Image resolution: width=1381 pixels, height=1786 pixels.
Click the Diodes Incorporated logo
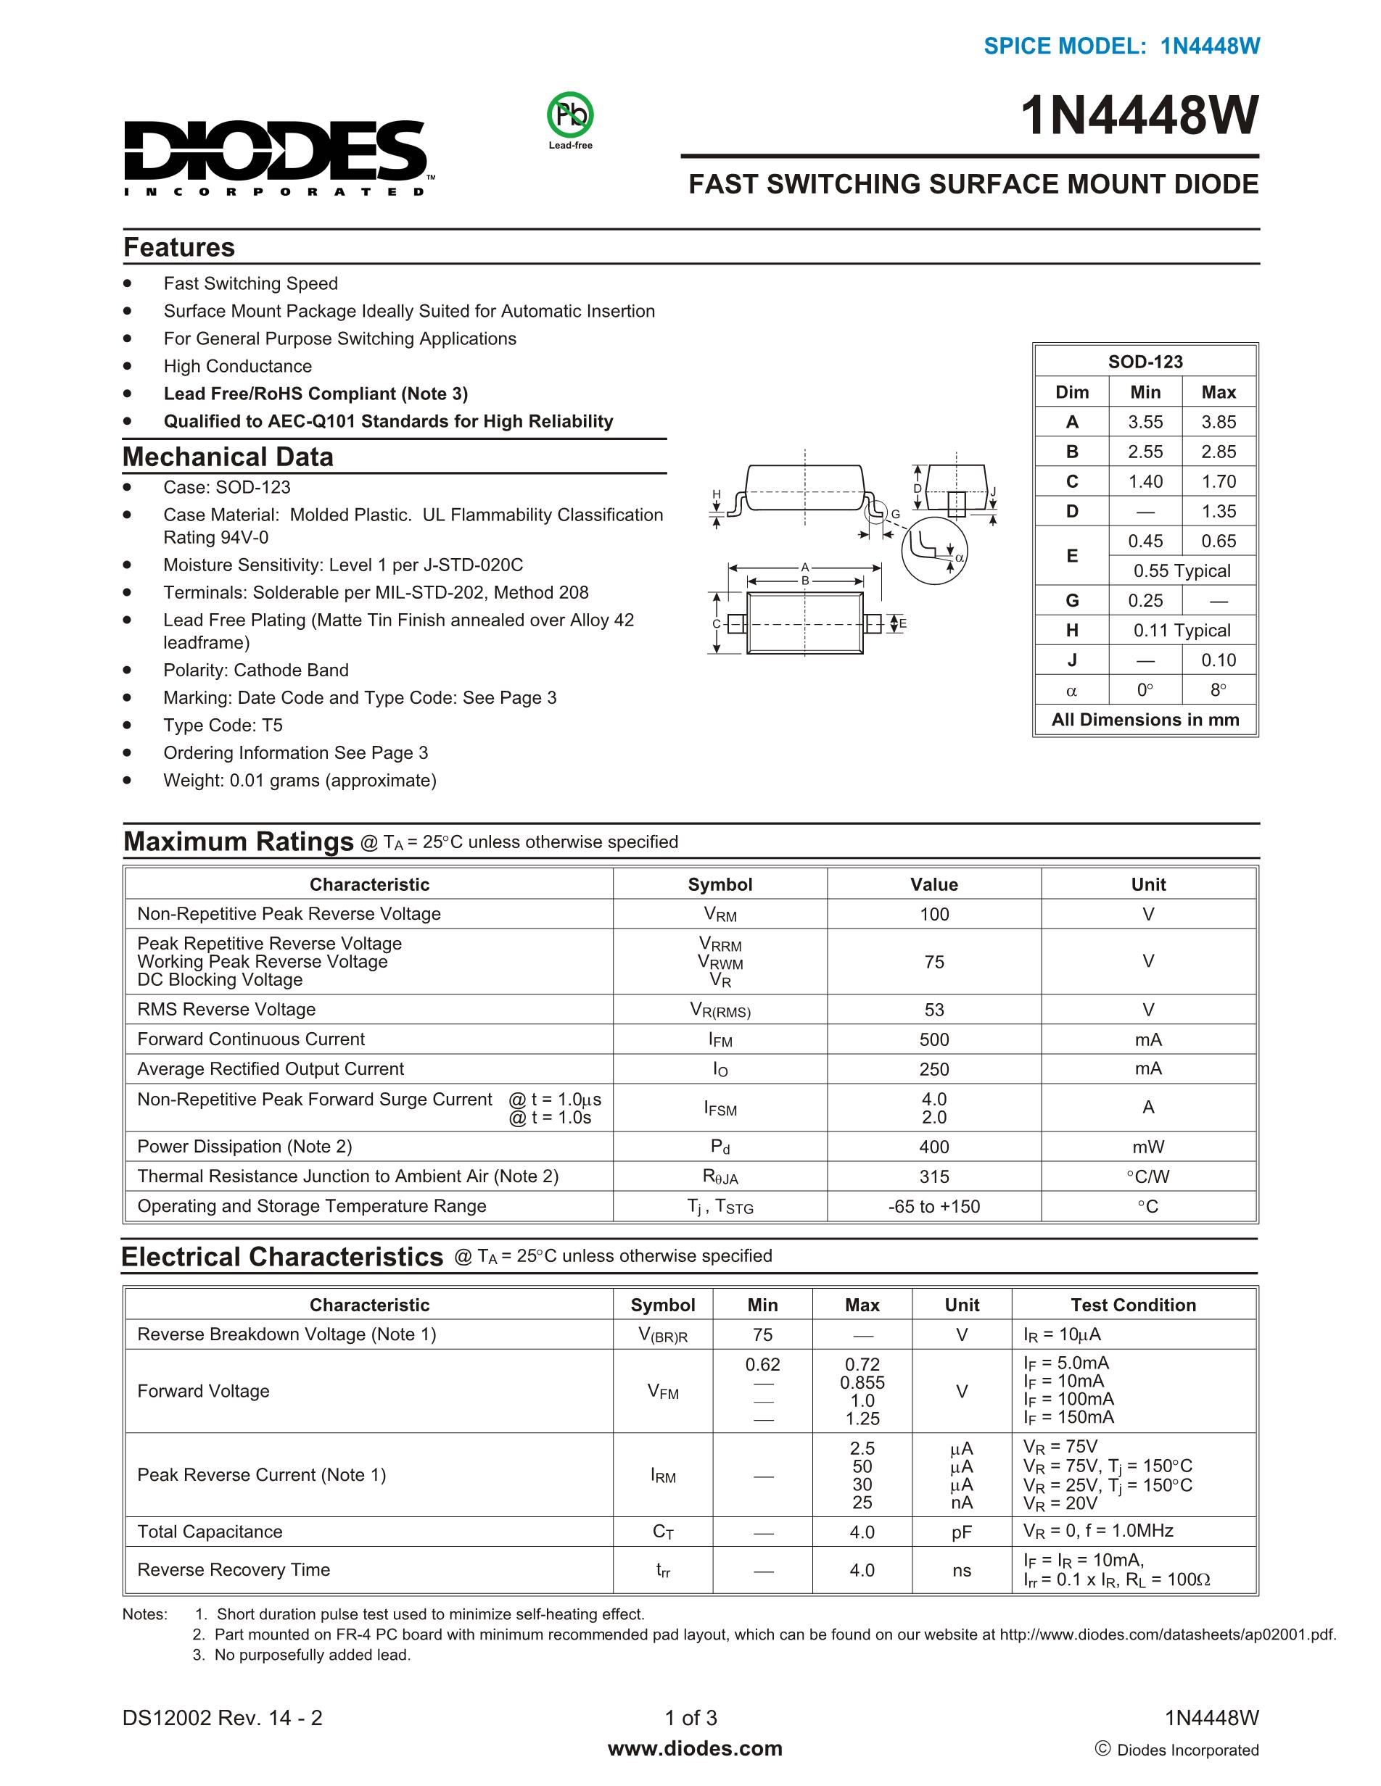point(275,156)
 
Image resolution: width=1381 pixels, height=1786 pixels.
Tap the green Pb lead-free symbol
point(570,115)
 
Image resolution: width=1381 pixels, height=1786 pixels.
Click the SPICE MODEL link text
point(1121,46)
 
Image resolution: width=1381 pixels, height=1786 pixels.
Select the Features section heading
point(179,247)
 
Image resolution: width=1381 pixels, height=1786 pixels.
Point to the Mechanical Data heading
point(228,457)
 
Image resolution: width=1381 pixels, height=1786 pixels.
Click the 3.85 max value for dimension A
point(1219,422)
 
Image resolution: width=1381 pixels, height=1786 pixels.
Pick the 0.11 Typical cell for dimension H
point(1182,631)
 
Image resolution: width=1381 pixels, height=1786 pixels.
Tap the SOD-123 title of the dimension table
point(1145,362)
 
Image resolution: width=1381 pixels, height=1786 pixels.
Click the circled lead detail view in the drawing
point(933,550)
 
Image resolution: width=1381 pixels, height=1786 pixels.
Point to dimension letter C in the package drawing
point(716,624)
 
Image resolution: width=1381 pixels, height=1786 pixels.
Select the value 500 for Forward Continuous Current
point(933,1039)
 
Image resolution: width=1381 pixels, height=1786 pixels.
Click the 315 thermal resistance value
point(933,1176)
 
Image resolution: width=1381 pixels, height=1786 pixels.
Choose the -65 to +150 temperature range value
point(933,1206)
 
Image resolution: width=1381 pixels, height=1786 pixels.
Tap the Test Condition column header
point(1133,1305)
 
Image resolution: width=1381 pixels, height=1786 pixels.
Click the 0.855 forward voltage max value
point(862,1383)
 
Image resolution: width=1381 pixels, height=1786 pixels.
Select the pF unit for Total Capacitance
point(961,1532)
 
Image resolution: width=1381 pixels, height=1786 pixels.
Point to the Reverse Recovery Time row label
point(234,1569)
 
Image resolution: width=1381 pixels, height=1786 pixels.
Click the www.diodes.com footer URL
point(695,1748)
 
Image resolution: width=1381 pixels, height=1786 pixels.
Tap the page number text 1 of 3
point(691,1717)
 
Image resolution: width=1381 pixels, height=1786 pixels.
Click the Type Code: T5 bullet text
point(223,726)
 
